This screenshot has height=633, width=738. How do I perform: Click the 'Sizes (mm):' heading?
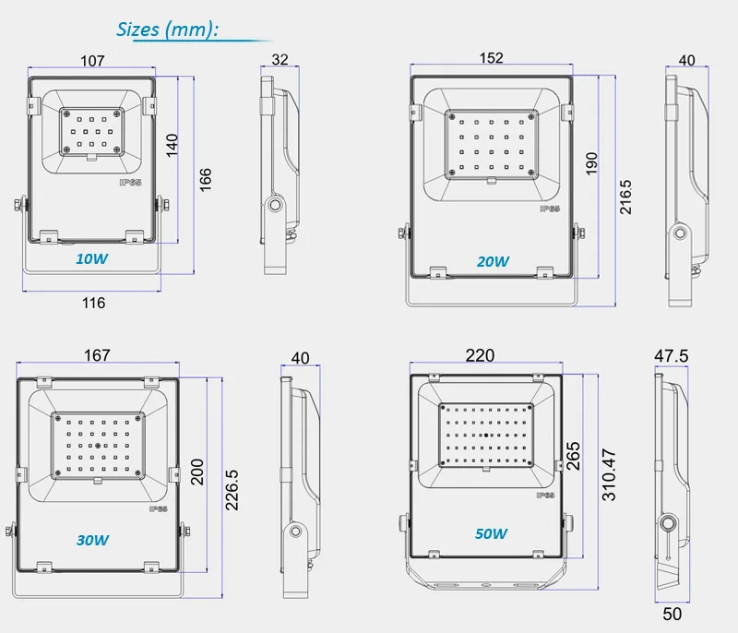(167, 30)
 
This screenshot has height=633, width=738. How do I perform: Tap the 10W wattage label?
(91, 258)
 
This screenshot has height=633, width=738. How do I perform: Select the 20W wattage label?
(493, 261)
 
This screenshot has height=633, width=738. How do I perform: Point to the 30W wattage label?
(93, 540)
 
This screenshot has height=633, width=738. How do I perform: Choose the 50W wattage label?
(491, 533)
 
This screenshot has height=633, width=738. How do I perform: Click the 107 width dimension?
(92, 61)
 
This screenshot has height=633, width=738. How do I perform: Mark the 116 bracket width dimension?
(94, 303)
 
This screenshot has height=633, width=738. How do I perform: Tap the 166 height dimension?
(206, 179)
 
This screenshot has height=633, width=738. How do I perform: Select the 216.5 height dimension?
(625, 197)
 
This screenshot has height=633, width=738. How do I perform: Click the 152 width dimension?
(492, 58)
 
